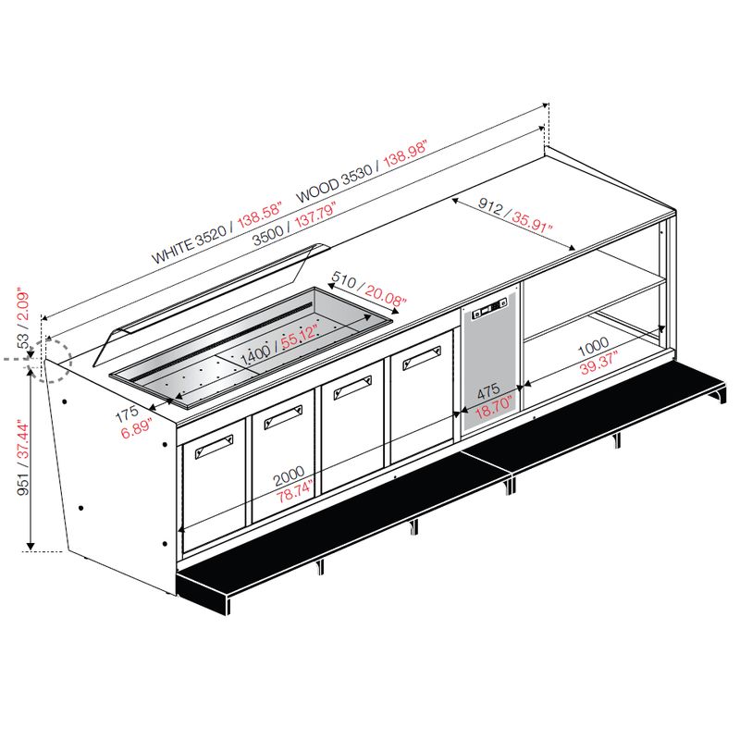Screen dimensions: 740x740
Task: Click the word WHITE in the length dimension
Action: (x=173, y=250)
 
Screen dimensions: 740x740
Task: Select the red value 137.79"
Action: (x=314, y=216)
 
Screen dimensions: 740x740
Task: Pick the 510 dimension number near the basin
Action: (x=344, y=280)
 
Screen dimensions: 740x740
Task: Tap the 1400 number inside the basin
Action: (x=255, y=355)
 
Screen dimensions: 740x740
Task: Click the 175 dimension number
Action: (x=127, y=413)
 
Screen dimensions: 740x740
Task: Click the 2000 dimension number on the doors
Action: (x=290, y=477)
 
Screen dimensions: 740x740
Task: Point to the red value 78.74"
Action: (x=295, y=493)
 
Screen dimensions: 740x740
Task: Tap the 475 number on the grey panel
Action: (x=488, y=390)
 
